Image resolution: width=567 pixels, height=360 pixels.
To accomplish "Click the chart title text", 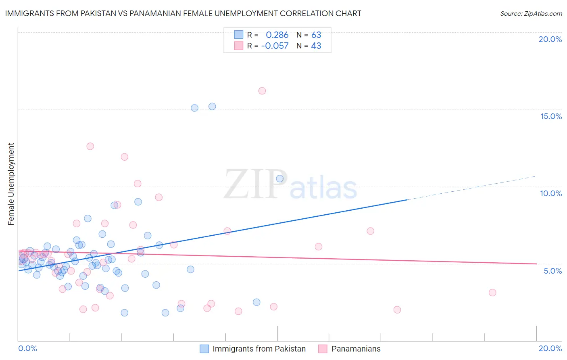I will pos(183,13).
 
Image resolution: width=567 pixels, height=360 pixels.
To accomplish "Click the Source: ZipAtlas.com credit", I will pos(531,13).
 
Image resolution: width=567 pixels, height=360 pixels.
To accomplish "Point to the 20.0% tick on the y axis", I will pos(550,39).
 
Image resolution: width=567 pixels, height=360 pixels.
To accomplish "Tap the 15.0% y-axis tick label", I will pos(551,116).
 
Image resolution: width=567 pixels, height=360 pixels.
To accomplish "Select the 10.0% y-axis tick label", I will pos(551,193).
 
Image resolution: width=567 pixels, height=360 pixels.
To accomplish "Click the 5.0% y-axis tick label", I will pos(552,271).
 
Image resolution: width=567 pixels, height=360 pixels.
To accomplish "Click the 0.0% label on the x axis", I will pos(27,348).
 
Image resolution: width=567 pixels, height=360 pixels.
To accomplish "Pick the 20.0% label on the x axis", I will pos(550,348).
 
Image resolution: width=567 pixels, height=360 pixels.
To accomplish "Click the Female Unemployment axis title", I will pos(11,184).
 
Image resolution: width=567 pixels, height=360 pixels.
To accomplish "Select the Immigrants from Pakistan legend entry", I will pos(259,349).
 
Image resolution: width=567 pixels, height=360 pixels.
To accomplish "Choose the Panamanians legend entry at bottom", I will pos(356,349).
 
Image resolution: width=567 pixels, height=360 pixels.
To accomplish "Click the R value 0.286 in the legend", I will pos(277,35).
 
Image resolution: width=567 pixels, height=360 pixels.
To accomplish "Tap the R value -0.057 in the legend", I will pos(275,46).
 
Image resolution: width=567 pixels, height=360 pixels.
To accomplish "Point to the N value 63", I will pos(316,35).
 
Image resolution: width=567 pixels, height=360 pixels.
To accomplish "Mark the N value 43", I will pos(316,46).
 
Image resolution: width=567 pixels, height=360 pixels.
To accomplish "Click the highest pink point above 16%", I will pos(262,91).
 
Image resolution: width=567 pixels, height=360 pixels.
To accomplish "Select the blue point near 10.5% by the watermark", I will pos(279,178).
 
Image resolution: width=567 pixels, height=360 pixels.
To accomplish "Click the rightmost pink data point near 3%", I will pos(492,293).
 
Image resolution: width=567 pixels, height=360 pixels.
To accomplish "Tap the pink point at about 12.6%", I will pos(90,146).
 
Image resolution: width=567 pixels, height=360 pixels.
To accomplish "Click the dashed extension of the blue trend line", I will pos(472,188).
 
